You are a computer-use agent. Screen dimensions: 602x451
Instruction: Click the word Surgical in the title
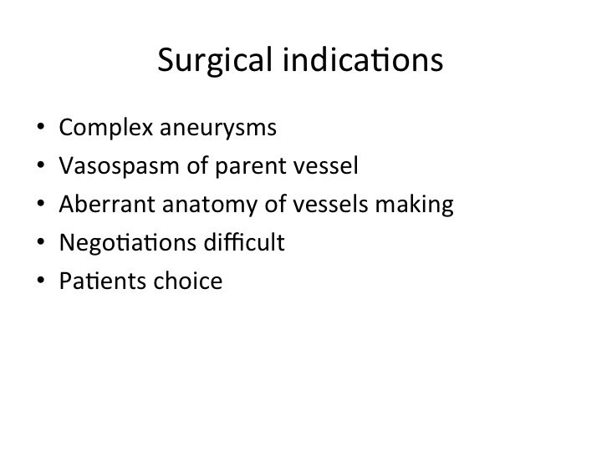[x=215, y=61]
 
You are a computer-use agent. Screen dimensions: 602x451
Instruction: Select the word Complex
[x=106, y=128]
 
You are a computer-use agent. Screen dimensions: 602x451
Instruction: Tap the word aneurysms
[x=218, y=129]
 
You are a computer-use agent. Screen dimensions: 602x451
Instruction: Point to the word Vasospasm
[x=119, y=166]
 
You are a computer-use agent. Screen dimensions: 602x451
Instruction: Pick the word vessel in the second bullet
[x=325, y=165]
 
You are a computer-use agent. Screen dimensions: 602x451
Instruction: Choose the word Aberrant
[x=107, y=204]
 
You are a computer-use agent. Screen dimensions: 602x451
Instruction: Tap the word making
[x=414, y=205]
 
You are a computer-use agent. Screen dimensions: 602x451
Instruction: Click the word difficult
[x=244, y=242]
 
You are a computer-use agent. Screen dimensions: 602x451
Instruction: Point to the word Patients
[x=103, y=281]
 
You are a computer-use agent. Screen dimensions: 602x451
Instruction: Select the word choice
[x=188, y=281]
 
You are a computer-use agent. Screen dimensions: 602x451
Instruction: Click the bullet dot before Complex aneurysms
[x=41, y=126]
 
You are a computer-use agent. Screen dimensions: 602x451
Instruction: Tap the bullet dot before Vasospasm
[x=41, y=165]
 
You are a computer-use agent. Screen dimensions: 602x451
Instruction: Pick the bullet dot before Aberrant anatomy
[x=41, y=203]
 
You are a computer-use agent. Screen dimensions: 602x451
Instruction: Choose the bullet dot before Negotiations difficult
[x=41, y=241]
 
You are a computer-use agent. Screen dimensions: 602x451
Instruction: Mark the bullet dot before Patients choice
[x=41, y=280]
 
